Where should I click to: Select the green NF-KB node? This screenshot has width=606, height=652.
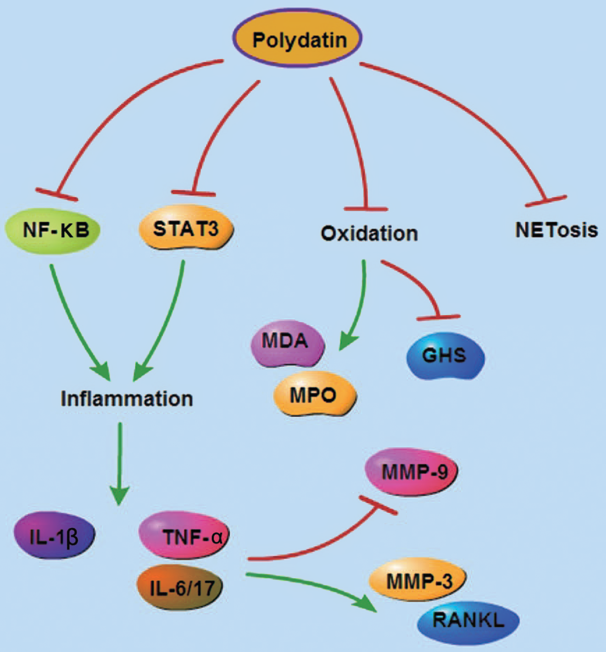tap(53, 230)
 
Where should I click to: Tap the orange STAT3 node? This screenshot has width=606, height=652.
tap(186, 229)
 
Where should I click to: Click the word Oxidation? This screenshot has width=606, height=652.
tap(369, 233)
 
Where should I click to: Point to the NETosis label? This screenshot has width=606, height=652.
tap(556, 230)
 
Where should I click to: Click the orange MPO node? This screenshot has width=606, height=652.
tap(314, 395)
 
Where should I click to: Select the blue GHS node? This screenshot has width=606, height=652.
tap(445, 356)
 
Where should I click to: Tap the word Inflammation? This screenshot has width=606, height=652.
tap(127, 399)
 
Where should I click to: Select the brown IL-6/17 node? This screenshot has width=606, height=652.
tap(180, 588)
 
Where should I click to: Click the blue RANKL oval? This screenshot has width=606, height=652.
tap(468, 620)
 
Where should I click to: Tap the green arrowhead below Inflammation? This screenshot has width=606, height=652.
tap(119, 495)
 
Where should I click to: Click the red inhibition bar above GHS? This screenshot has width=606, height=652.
tap(438, 317)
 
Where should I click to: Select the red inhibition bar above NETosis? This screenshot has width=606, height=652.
tap(546, 201)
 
